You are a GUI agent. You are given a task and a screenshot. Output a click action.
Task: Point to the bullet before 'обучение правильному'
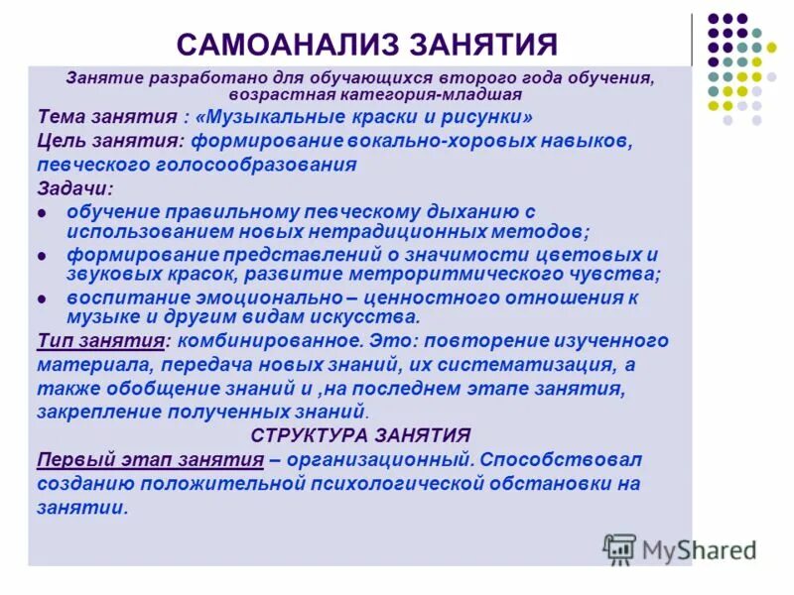[x=43, y=213]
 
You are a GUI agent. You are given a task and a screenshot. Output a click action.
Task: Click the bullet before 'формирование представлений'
[x=43, y=256]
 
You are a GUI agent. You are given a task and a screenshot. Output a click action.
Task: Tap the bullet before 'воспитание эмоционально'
[x=43, y=298]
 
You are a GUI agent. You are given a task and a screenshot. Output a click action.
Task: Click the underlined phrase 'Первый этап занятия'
[x=151, y=460]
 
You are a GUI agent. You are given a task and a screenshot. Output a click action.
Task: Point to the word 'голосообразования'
[x=265, y=165]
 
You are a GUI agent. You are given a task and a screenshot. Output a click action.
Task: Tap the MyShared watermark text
[x=700, y=549]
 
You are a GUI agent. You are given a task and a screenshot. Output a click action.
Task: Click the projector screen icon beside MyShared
[x=619, y=548]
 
